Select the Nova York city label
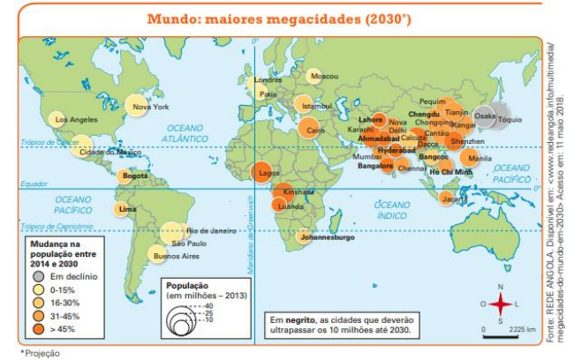[x=150, y=107]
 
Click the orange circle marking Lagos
[x=262, y=173]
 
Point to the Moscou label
[x=324, y=77]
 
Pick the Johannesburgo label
[x=327, y=238]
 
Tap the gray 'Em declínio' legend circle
[x=41, y=276]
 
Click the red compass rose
[x=501, y=305]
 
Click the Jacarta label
[x=455, y=199]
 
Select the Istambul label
[x=316, y=106]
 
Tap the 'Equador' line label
[x=34, y=184]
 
